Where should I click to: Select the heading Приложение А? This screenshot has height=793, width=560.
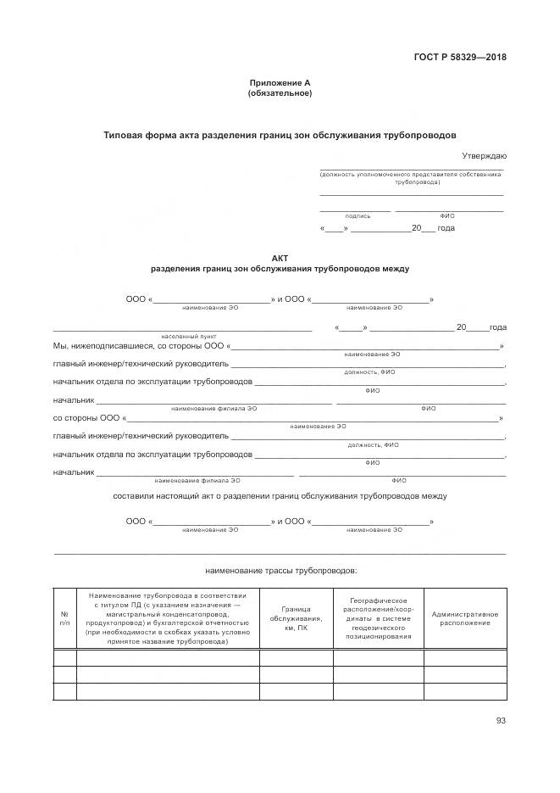(x=280, y=83)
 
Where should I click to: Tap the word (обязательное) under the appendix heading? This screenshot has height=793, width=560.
(x=280, y=93)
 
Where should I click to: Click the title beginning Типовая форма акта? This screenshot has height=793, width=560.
(x=280, y=135)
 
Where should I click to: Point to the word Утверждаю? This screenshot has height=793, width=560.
(x=484, y=156)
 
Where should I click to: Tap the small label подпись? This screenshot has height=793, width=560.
(x=357, y=216)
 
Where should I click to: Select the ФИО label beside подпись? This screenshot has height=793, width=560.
(x=447, y=216)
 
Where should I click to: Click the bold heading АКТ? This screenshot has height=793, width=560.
(x=280, y=258)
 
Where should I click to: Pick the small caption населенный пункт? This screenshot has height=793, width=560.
(x=183, y=337)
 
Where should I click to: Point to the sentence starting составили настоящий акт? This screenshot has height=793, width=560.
(x=280, y=495)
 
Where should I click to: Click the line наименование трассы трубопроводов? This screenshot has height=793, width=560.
(x=281, y=571)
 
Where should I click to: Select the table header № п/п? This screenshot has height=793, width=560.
(x=64, y=618)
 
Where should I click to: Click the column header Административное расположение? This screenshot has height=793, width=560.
(x=464, y=618)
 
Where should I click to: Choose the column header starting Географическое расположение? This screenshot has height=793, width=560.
(x=378, y=618)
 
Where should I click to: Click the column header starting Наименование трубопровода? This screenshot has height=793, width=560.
(x=168, y=618)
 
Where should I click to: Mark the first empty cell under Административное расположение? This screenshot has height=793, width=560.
(x=464, y=657)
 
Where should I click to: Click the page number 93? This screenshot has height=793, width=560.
(x=501, y=722)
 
